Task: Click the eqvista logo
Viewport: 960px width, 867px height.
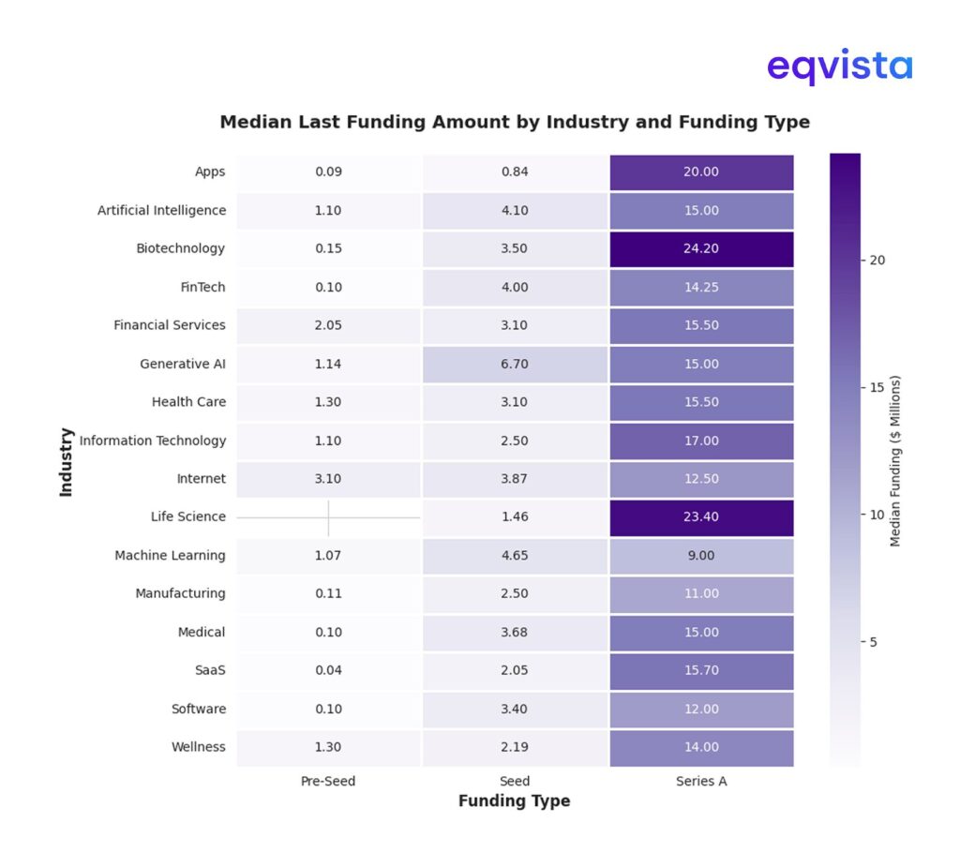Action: point(839,67)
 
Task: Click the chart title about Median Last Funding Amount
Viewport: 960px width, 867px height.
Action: point(514,122)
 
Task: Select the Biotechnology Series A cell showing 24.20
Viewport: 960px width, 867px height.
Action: point(701,248)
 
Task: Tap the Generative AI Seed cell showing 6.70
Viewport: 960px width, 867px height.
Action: point(514,364)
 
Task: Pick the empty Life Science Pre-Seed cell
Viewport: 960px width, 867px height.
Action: point(328,516)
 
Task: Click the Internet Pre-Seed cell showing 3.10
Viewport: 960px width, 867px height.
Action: point(328,479)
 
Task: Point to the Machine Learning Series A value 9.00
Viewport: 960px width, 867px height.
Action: point(701,556)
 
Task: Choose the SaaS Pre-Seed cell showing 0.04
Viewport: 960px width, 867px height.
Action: point(328,670)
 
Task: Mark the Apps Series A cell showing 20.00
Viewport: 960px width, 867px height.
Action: point(701,172)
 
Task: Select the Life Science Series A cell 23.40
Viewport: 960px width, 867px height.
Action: point(701,516)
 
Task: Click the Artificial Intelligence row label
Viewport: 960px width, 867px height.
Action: point(161,210)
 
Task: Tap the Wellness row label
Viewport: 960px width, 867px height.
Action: point(198,747)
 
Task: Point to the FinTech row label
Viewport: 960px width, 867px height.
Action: point(202,287)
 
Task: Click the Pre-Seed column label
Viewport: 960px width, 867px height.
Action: point(328,781)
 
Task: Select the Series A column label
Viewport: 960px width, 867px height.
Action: point(701,781)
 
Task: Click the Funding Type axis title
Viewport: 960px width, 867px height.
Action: point(514,801)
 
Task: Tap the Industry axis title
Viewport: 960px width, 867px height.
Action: point(67,461)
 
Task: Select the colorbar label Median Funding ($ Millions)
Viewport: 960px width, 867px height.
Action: point(895,461)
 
